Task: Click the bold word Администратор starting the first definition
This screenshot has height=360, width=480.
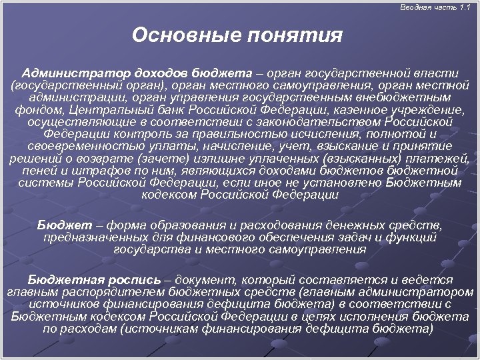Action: click(74, 73)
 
